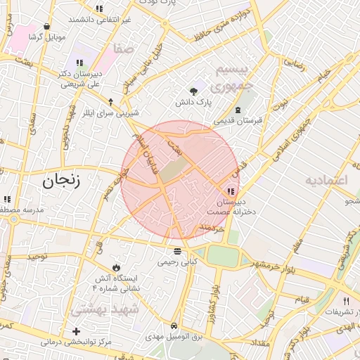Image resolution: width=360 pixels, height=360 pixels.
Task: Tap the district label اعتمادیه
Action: [x=327, y=180]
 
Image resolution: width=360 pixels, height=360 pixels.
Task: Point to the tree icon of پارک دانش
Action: [x=193, y=91]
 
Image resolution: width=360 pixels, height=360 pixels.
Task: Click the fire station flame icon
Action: [x=116, y=267]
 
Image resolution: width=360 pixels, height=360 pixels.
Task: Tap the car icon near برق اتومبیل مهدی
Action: [x=174, y=326]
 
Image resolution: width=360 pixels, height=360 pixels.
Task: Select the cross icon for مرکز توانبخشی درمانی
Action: [x=76, y=330]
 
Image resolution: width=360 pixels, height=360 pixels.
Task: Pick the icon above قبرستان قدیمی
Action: [x=238, y=109]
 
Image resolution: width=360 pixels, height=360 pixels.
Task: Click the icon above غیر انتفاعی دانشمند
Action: [x=99, y=9]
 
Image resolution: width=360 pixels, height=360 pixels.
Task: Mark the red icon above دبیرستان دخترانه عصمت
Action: [x=231, y=191]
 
